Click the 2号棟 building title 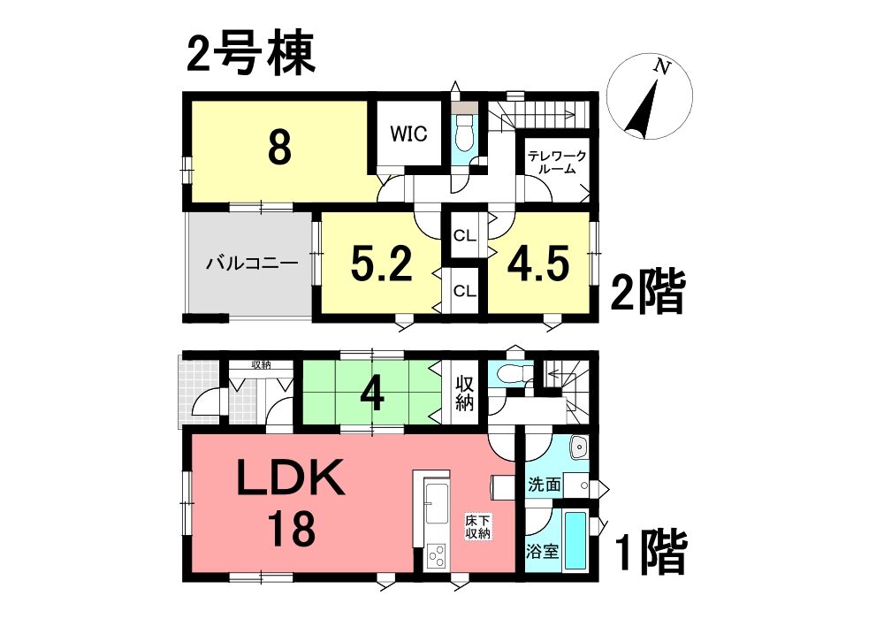tap(250, 56)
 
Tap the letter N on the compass tap(662, 68)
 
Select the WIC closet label tap(408, 134)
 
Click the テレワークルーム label tap(557, 163)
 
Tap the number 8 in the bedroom tap(279, 148)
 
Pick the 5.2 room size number tap(382, 264)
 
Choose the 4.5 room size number tap(537, 263)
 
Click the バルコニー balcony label tap(251, 264)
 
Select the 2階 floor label tap(648, 292)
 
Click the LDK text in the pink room tap(290, 477)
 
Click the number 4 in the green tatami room tap(373, 395)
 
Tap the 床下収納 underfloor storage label tap(478, 525)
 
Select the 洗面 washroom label tap(544, 485)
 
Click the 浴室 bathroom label tap(543, 551)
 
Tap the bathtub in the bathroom tap(576, 540)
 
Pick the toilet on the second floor tap(465, 134)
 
